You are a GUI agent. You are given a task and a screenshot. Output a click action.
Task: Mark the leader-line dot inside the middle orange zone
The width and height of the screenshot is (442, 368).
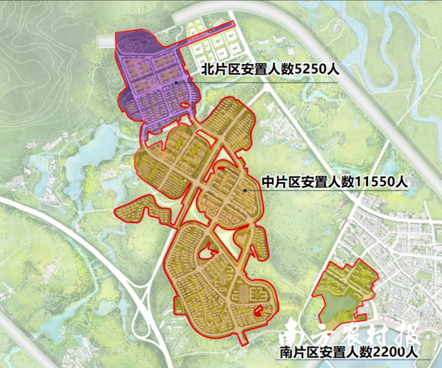click(x=244, y=189)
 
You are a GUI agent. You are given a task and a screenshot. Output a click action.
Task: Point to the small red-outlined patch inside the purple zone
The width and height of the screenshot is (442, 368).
click(x=184, y=105)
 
